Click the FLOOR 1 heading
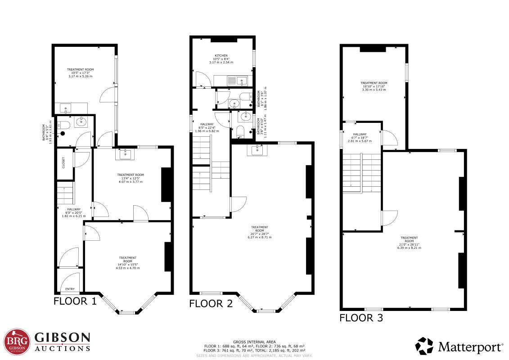point(75,301)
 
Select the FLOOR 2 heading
point(211,304)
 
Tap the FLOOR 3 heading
point(361,318)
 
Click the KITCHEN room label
point(221,55)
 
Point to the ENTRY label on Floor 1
point(70,289)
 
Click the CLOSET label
point(63,163)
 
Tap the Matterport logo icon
point(424,346)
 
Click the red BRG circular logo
point(17,342)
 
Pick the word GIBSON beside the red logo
point(62,337)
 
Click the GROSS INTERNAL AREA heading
point(254,342)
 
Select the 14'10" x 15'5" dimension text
point(127,265)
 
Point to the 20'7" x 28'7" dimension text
point(260,234)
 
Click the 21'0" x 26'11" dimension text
point(409,244)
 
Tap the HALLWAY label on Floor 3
point(360,134)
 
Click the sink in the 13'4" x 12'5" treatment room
point(125,154)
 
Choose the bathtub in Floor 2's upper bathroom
point(245,96)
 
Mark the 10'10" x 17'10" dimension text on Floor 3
point(374,86)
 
